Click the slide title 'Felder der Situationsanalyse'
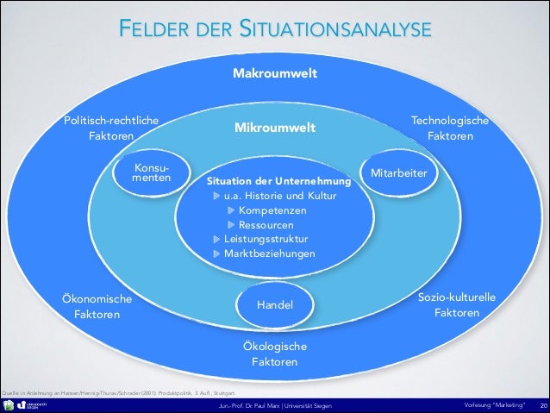coord(275,31)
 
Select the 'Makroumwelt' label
coord(275,74)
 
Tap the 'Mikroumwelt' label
coord(275,128)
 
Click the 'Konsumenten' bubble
coord(151,173)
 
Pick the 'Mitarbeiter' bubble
coord(398,174)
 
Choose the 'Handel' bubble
coord(275,305)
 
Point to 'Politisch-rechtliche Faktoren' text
coord(111,128)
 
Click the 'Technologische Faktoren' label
coord(449,128)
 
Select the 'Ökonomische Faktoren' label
coord(97,306)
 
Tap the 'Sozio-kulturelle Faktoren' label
coord(456,304)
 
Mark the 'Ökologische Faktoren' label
coord(275,354)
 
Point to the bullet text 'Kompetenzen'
coord(272,210)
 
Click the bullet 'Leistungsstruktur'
coord(266,239)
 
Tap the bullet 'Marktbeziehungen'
coord(269,253)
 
